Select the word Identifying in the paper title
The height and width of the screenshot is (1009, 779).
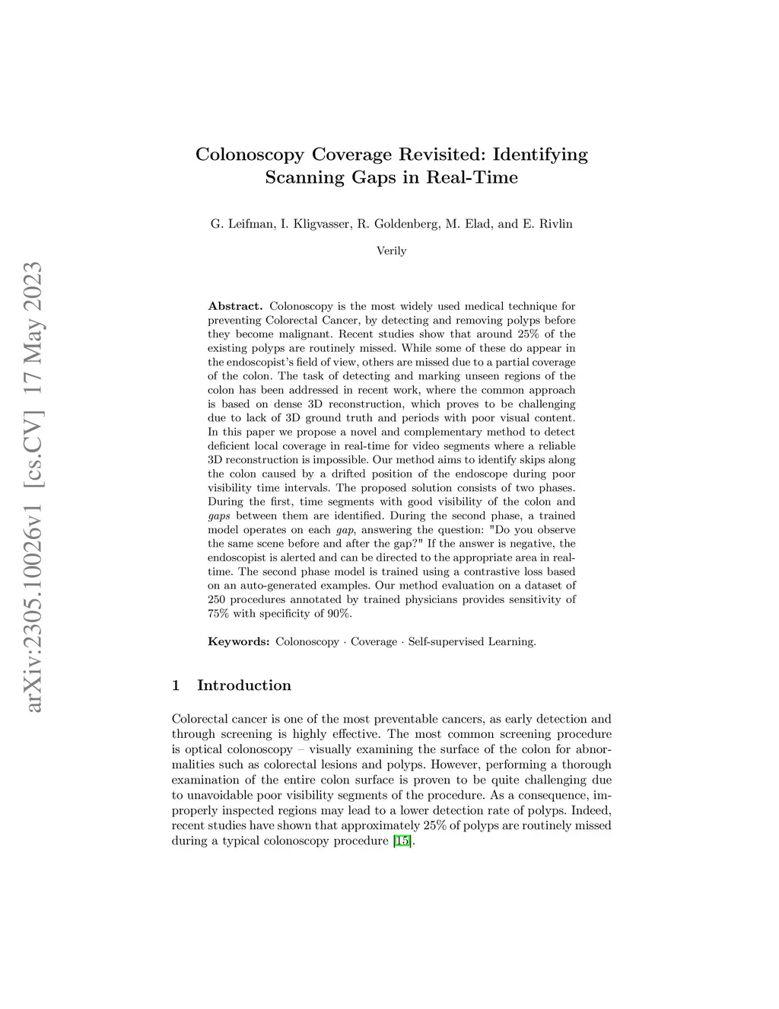click(x=541, y=155)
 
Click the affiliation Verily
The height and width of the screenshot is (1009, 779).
click(x=392, y=251)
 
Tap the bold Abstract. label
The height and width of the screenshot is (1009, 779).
click(x=235, y=306)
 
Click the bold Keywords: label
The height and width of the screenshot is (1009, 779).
click(x=238, y=642)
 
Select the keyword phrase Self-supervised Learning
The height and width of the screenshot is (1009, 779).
click(x=472, y=642)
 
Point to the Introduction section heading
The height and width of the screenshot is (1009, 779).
click(x=244, y=685)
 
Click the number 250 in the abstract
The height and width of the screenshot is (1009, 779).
click(x=218, y=600)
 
